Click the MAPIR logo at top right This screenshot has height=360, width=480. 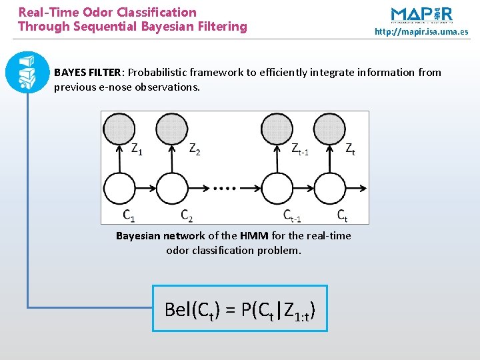pyautogui.click(x=421, y=15)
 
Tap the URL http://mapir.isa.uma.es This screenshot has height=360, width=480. pyautogui.click(x=421, y=31)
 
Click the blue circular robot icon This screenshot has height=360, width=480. pyautogui.click(x=27, y=71)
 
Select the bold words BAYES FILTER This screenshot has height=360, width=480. pyautogui.click(x=88, y=72)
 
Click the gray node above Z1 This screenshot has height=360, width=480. pyautogui.click(x=119, y=129)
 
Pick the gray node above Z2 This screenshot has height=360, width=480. pyautogui.click(x=171, y=129)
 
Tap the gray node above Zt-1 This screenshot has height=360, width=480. pyautogui.click(x=277, y=129)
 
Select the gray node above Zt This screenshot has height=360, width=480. pyautogui.click(x=329, y=129)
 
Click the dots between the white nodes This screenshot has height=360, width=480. pyautogui.click(x=225, y=189)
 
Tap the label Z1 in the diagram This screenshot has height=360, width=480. pyautogui.click(x=136, y=150)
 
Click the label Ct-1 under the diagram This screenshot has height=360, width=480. pyautogui.click(x=292, y=215)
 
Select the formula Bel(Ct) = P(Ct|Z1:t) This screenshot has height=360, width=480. pyautogui.click(x=240, y=309)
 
